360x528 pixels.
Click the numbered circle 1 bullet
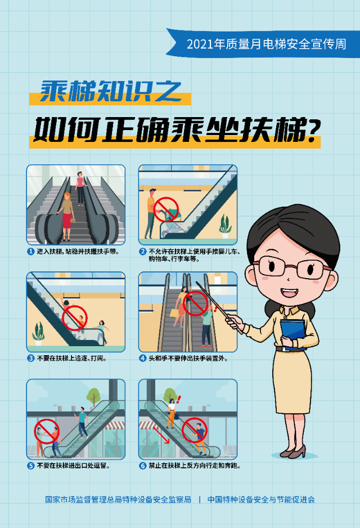click(31, 252)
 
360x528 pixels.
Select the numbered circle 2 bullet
click(143, 252)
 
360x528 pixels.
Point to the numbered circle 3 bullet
click(31, 357)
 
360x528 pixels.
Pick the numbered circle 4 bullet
click(143, 357)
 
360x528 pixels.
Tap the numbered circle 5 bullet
click(31, 466)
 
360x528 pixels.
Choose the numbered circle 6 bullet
click(143, 466)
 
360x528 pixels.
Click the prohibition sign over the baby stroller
click(166, 209)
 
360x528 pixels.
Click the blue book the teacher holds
click(293, 332)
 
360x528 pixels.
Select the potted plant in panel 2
click(225, 226)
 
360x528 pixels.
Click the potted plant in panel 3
click(38, 333)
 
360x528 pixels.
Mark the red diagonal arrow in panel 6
click(163, 434)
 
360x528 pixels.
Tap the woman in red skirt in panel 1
click(67, 214)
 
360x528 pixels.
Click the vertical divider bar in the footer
click(199, 499)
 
